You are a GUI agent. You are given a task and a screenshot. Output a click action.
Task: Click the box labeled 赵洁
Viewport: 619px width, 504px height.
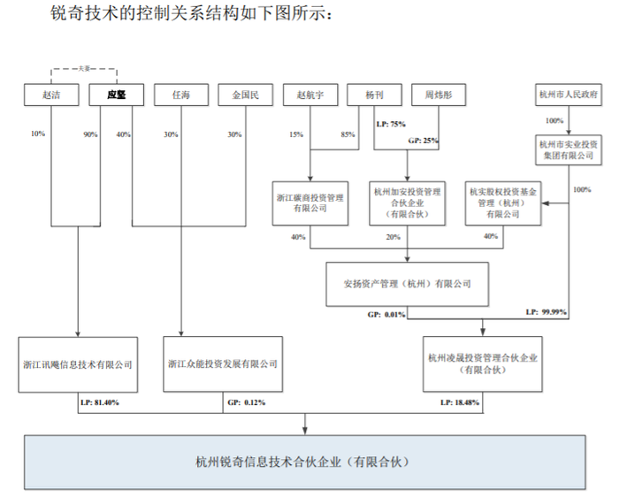pyautogui.click(x=51, y=95)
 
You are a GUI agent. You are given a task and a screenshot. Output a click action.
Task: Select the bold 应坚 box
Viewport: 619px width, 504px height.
pyautogui.click(x=117, y=95)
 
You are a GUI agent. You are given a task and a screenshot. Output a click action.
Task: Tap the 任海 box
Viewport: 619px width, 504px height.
pyautogui.click(x=181, y=95)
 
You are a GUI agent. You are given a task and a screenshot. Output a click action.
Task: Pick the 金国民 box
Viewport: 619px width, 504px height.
pyautogui.click(x=246, y=95)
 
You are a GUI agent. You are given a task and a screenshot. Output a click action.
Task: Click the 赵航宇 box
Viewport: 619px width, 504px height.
pyautogui.click(x=310, y=95)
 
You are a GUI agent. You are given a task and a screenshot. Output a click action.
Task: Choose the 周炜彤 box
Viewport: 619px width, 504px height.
pyautogui.click(x=439, y=95)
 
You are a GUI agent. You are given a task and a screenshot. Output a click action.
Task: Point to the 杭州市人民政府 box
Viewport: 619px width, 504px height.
pyautogui.click(x=569, y=95)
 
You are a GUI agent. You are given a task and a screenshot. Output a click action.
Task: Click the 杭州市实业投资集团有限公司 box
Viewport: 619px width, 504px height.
pyautogui.click(x=569, y=150)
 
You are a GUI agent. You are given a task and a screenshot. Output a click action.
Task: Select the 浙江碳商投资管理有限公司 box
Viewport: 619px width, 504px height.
pyautogui.click(x=310, y=203)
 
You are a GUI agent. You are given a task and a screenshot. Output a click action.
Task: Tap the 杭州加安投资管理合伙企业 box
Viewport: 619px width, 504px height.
pyautogui.click(x=408, y=203)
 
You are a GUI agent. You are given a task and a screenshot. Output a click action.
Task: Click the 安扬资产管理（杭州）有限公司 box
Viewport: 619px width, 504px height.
pyautogui.click(x=407, y=284)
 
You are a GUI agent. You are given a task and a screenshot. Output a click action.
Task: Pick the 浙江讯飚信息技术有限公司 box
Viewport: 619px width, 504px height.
pyautogui.click(x=78, y=364)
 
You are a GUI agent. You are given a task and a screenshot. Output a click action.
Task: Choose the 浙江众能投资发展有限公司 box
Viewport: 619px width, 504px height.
pyautogui.click(x=223, y=364)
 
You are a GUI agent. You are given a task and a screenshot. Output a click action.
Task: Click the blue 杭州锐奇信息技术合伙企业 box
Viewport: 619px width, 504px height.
pyautogui.click(x=305, y=462)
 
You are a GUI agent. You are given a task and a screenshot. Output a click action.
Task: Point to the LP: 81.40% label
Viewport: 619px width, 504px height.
pyautogui.click(x=100, y=402)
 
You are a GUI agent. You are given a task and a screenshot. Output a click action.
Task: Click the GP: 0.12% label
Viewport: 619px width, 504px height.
pyautogui.click(x=247, y=402)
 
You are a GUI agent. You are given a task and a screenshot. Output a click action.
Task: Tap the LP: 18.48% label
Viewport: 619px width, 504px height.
pyautogui.click(x=460, y=402)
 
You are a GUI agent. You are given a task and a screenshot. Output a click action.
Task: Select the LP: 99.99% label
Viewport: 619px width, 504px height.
pyautogui.click(x=546, y=312)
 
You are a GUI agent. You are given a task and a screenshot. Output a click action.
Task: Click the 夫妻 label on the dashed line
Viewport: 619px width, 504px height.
pyautogui.click(x=84, y=69)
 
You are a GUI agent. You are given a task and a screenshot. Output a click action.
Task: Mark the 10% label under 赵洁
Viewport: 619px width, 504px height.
pyautogui.click(x=38, y=134)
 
